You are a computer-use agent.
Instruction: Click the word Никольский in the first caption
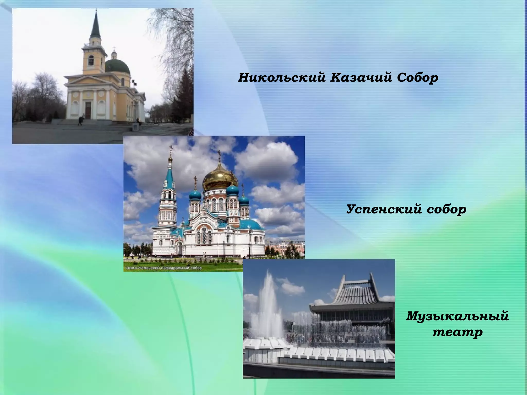point(281,78)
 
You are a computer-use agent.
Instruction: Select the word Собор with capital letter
point(417,78)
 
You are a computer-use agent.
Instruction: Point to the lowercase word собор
point(446,209)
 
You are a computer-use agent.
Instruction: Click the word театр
point(458,332)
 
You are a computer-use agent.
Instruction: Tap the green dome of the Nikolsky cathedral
point(117,66)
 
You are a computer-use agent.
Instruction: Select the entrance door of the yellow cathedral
point(88,110)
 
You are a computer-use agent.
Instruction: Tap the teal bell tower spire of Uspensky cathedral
point(169,177)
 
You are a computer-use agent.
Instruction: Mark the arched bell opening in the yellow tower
point(91,61)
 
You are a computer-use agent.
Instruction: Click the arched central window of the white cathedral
point(204,235)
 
